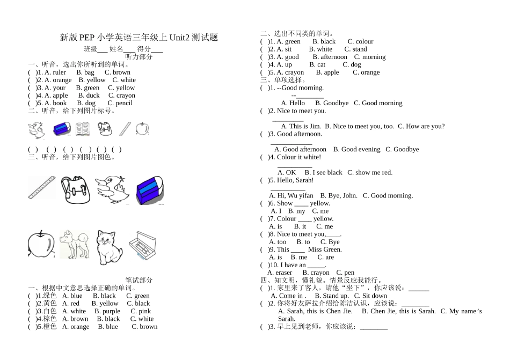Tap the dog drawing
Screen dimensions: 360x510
(74, 245)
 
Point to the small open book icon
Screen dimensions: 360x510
(82, 129)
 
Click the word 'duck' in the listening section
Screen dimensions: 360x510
(92, 95)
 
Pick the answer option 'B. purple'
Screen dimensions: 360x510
(107, 311)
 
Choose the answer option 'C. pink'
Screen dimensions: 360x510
(141, 311)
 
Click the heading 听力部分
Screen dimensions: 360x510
(139, 57)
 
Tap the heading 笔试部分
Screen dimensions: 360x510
(139, 280)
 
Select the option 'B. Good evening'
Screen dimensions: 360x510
(356, 149)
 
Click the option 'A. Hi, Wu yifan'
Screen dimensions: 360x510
(291, 196)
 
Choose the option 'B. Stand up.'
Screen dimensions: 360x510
(331, 296)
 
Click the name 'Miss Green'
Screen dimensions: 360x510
(325, 249)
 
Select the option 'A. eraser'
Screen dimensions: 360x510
(280, 273)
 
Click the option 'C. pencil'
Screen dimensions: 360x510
(120, 103)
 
